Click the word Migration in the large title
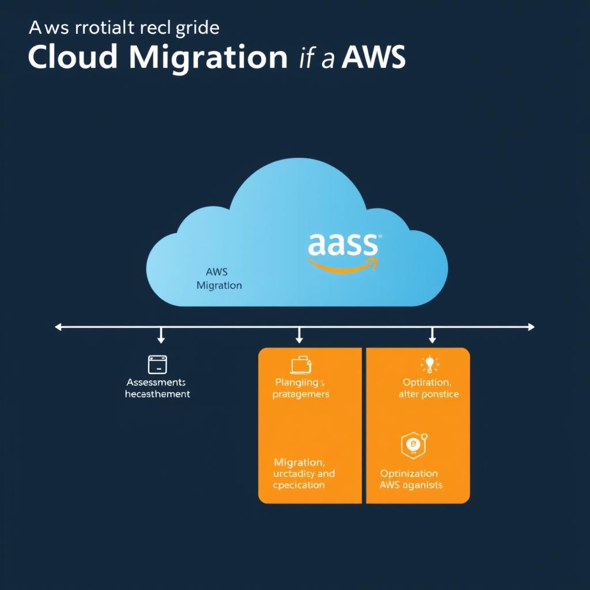click(207, 58)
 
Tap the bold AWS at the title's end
click(373, 58)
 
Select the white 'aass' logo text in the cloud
click(343, 245)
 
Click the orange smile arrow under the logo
click(343, 266)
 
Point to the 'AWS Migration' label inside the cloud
click(218, 278)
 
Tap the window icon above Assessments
click(157, 364)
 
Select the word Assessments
click(156, 383)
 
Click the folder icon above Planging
click(301, 365)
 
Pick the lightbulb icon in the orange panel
click(429, 364)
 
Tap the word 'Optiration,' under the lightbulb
click(426, 383)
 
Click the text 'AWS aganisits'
click(411, 485)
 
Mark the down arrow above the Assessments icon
click(161, 335)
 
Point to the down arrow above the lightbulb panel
click(432, 335)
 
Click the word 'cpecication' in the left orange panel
click(299, 485)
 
